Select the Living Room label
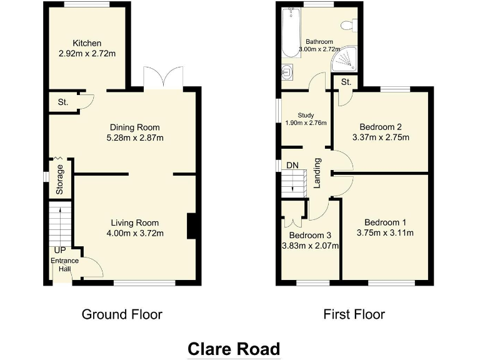tap(135, 222)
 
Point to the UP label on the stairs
tap(60, 250)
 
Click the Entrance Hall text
tap(61, 265)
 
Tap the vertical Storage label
tap(60, 179)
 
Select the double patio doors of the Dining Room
tap(162, 78)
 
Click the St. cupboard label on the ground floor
tap(63, 102)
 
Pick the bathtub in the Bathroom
tap(289, 32)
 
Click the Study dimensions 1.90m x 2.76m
tap(304, 123)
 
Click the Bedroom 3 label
tap(309, 236)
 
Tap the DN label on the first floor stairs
tap(292, 166)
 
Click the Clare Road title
tap(234, 348)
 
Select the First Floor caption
tap(354, 314)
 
